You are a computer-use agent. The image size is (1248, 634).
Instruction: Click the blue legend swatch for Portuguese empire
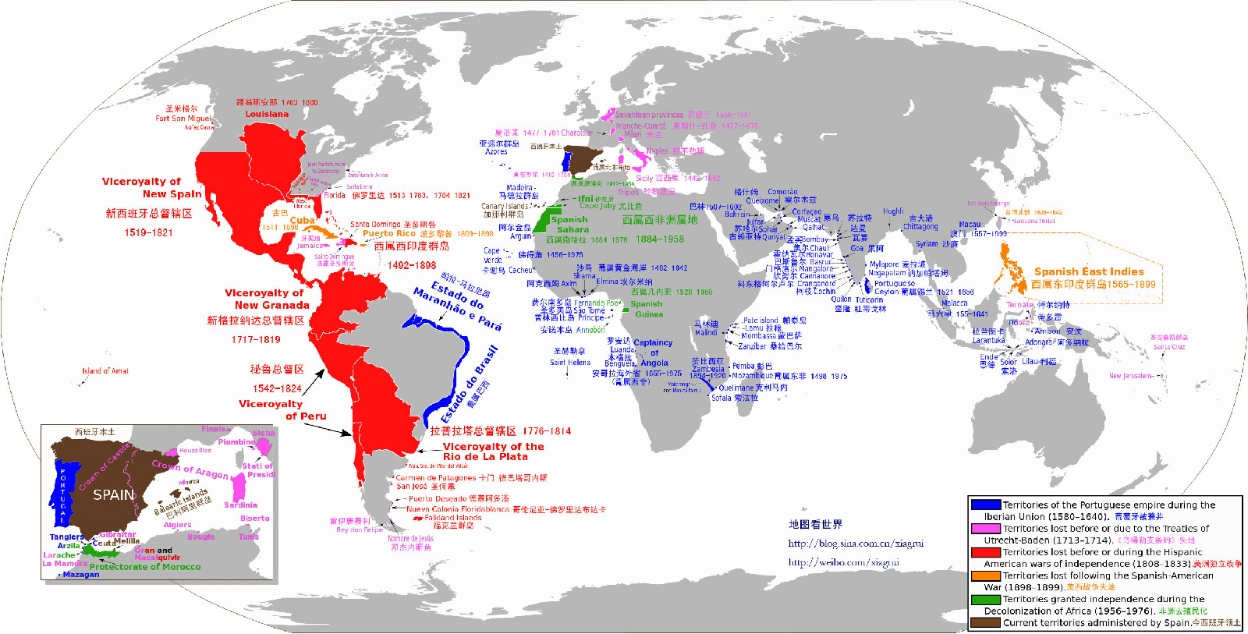pos(986,505)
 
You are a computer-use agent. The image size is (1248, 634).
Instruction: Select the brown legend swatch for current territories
pos(986,622)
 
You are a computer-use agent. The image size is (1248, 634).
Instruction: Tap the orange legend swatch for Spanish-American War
pos(986,576)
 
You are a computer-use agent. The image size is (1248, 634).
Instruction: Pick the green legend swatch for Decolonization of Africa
pos(986,599)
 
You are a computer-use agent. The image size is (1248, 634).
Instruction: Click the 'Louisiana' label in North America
pos(267,114)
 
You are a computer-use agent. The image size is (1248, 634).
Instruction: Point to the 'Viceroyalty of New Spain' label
pos(151,187)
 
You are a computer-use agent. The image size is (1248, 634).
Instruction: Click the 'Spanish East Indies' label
pos(1089,271)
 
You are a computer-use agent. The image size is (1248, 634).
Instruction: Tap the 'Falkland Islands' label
pos(453,518)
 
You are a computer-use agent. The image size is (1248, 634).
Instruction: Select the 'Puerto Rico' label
pos(389,233)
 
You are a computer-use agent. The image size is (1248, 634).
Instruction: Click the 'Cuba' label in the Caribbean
pos(302,221)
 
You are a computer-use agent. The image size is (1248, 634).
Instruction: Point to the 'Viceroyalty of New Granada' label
pos(268,299)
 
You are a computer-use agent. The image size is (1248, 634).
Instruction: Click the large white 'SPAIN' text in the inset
pos(114,494)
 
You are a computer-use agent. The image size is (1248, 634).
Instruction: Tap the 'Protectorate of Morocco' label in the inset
pos(145,567)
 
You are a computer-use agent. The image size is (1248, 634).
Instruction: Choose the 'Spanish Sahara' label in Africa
pos(572,225)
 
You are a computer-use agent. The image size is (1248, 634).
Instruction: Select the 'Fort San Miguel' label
pos(183,119)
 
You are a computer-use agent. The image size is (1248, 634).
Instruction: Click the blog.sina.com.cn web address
pos(856,544)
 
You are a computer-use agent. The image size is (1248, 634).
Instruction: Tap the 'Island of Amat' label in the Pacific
pos(105,371)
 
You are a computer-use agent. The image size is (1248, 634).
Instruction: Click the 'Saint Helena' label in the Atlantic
pos(570,362)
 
